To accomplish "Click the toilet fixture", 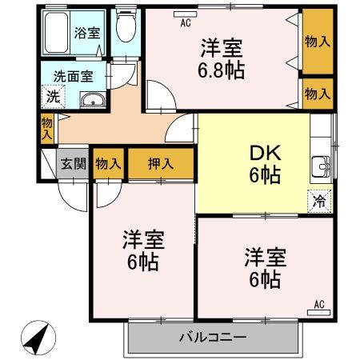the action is pyautogui.click(x=126, y=26).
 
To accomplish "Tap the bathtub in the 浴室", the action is pyautogui.click(x=56, y=33).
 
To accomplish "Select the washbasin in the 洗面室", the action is pyautogui.click(x=93, y=100).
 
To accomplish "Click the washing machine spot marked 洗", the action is pyautogui.click(x=53, y=97).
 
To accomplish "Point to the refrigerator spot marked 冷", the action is pyautogui.click(x=319, y=201).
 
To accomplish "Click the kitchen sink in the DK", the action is pyautogui.click(x=321, y=166).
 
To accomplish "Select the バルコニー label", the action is pyautogui.click(x=213, y=338).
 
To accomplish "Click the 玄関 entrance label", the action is pyautogui.click(x=74, y=163).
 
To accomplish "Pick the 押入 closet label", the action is pyautogui.click(x=161, y=163).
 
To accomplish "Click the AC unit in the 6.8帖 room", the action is pyautogui.click(x=186, y=14).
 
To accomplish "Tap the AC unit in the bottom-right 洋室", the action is pyautogui.click(x=319, y=312).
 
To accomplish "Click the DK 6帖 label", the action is pyautogui.click(x=265, y=164).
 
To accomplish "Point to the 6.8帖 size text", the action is pyautogui.click(x=221, y=70).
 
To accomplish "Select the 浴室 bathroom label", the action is pyautogui.click(x=87, y=33).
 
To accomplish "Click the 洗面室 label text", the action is pyautogui.click(x=74, y=76).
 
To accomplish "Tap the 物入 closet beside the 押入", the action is pyautogui.click(x=109, y=163).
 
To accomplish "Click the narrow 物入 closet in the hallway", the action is pyautogui.click(x=47, y=129).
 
